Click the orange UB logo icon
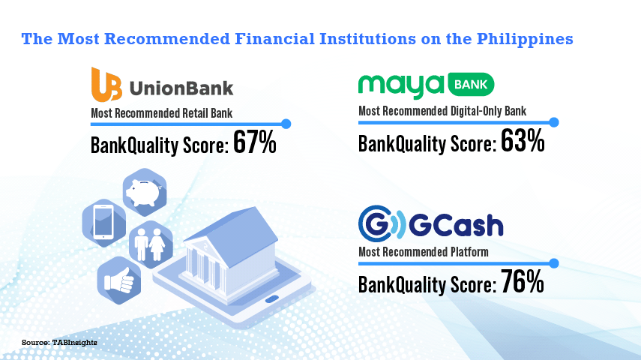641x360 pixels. [106, 85]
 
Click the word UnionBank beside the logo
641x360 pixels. [181, 87]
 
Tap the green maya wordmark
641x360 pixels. [400, 85]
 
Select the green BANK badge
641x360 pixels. [471, 85]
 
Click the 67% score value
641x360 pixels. [255, 142]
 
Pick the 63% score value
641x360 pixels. [523, 142]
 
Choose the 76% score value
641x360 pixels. [523, 283]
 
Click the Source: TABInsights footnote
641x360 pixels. [59, 342]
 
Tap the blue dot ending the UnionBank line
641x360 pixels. [286, 123]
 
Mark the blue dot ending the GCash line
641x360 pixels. [554, 262]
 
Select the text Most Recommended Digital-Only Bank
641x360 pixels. [442, 112]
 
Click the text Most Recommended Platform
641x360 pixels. [423, 252]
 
